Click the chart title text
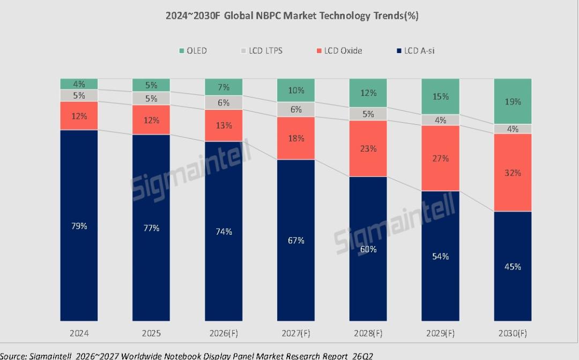coord(292,16)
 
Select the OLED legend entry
coord(193,50)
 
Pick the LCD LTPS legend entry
coord(262,50)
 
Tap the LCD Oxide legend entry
coord(339,50)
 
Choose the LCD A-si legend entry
coord(415,50)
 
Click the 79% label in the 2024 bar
coord(79,226)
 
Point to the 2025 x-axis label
coord(151,333)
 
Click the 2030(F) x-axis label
coord(513,333)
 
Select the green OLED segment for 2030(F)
coord(513,101)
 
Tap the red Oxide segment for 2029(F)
coord(440,158)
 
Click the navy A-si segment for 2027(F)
coord(296,240)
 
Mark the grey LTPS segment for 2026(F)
coord(224,103)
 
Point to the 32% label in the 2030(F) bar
coord(513,172)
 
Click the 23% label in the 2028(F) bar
coord(368,148)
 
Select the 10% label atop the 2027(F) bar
coord(296,91)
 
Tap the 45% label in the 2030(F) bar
coord(513,266)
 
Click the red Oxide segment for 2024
coord(79,116)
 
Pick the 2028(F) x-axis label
coord(368,333)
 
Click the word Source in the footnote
coord(12,356)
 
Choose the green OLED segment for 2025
coord(151,85)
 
